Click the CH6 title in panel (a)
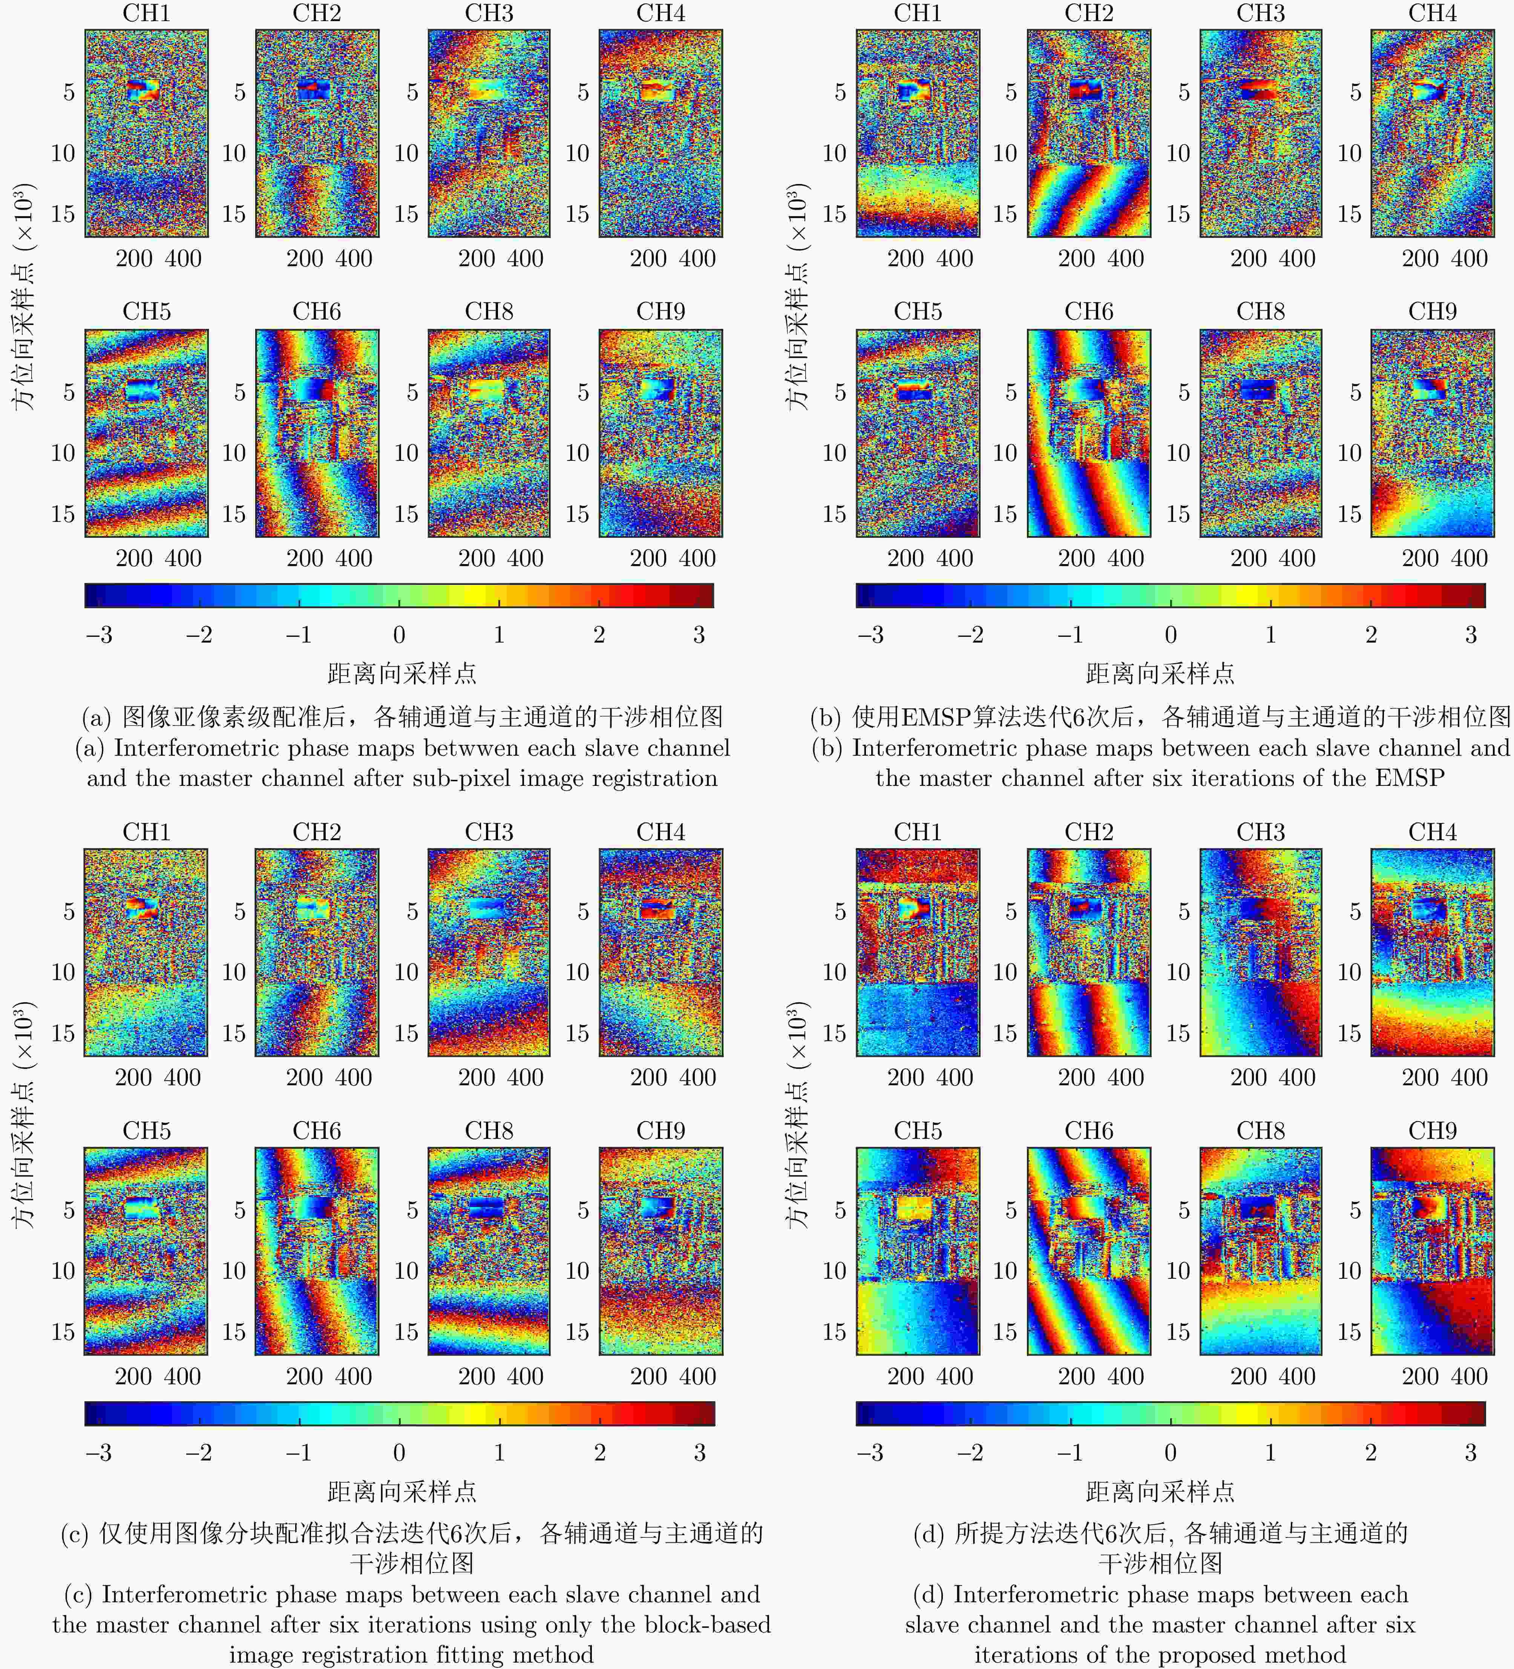pos(317,312)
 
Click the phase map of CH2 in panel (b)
pos(1088,133)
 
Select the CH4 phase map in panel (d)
pos(1432,952)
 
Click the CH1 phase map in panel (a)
pos(147,133)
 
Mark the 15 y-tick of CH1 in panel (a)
pos(64,215)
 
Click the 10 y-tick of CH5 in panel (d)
pos(834,1271)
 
